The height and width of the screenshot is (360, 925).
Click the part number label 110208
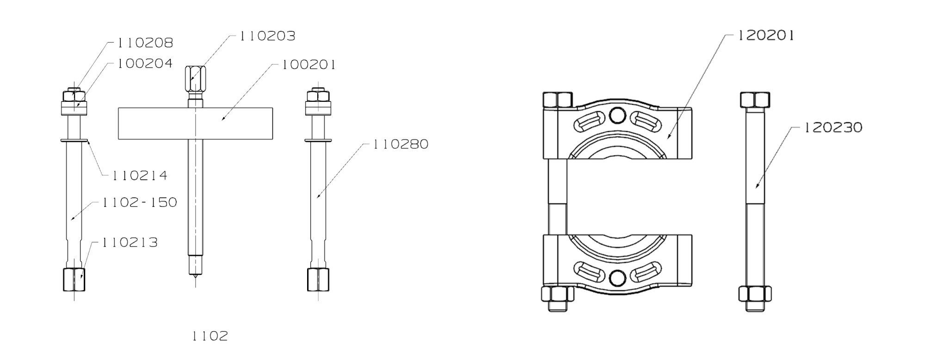click(145, 43)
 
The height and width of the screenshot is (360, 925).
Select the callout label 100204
click(145, 63)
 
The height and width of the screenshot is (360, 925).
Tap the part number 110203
click(267, 36)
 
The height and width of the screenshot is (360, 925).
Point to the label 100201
click(308, 65)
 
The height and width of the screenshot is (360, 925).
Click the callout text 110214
click(140, 176)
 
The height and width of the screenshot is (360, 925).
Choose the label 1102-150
click(140, 202)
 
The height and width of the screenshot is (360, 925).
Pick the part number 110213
click(130, 242)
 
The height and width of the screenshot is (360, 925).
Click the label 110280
click(401, 144)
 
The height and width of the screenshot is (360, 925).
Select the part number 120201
click(765, 36)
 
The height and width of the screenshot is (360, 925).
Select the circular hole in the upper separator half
click(617, 115)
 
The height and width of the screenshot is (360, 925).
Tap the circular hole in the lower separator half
click(617, 278)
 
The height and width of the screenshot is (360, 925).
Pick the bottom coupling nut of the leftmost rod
click(74, 279)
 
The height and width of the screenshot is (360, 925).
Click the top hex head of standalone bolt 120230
click(755, 100)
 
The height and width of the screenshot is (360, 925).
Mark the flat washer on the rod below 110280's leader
click(318, 139)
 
